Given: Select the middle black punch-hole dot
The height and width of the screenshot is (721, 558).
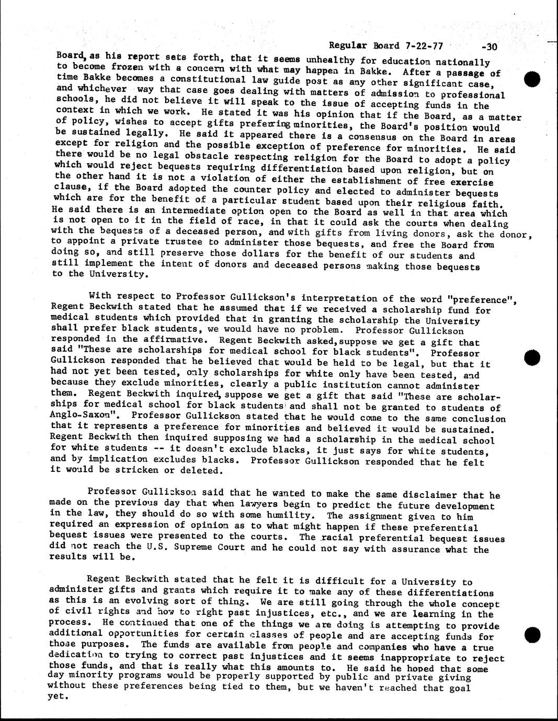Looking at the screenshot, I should (531, 358).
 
